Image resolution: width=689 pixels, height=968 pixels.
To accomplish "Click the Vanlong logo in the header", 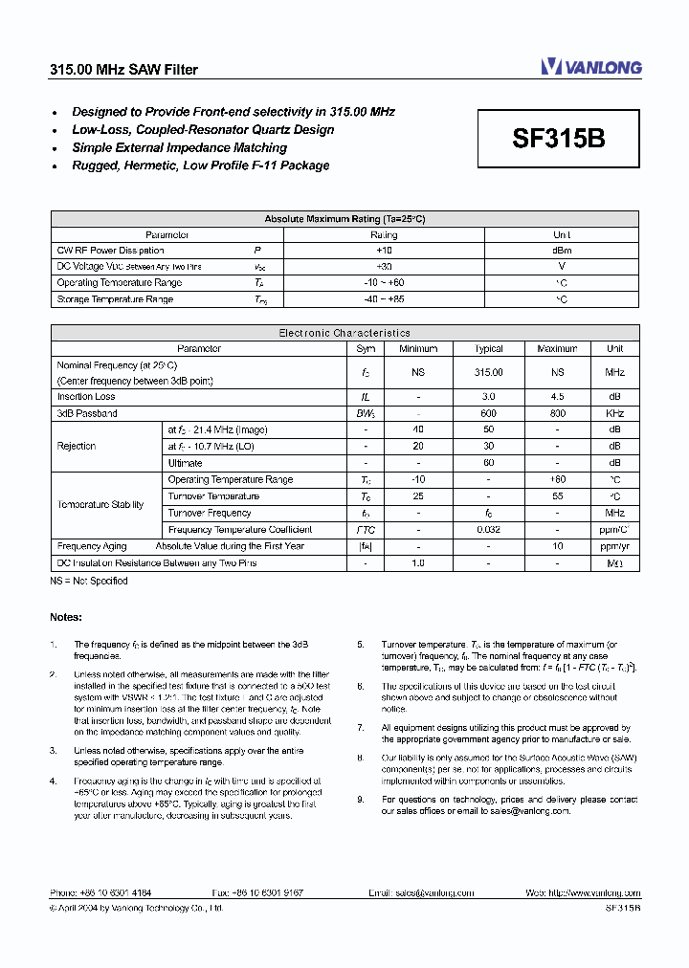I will click(591, 67).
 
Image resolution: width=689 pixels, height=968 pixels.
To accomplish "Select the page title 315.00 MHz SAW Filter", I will click(123, 70).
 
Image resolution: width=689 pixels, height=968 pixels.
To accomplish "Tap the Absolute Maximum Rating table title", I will click(344, 219).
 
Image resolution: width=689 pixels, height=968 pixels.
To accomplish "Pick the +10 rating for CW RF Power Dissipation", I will click(384, 251).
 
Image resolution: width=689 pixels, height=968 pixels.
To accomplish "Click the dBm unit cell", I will click(562, 251).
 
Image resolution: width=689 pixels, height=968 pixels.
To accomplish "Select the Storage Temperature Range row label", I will click(115, 299).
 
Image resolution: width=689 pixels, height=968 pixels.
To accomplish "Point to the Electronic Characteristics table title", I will click(344, 333).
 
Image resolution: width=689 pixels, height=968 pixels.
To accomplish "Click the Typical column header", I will click(488, 349).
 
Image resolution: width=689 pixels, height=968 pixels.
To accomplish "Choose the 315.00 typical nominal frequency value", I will click(488, 373).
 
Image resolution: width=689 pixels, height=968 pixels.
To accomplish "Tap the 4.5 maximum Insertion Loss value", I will click(557, 397).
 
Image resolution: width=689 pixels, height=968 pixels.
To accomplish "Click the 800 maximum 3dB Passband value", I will click(557, 413).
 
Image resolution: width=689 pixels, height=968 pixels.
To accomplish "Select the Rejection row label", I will click(77, 446).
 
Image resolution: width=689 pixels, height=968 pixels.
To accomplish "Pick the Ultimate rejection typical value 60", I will click(488, 463).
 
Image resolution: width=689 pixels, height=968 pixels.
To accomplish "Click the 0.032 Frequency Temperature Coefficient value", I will click(488, 529).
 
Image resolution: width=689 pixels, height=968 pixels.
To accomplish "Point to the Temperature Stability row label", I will click(100, 504).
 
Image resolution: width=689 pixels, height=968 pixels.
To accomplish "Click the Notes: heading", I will click(66, 617).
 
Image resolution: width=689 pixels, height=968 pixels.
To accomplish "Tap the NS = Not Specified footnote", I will click(88, 581).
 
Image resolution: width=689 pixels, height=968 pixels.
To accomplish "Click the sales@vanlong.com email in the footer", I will click(435, 892).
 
